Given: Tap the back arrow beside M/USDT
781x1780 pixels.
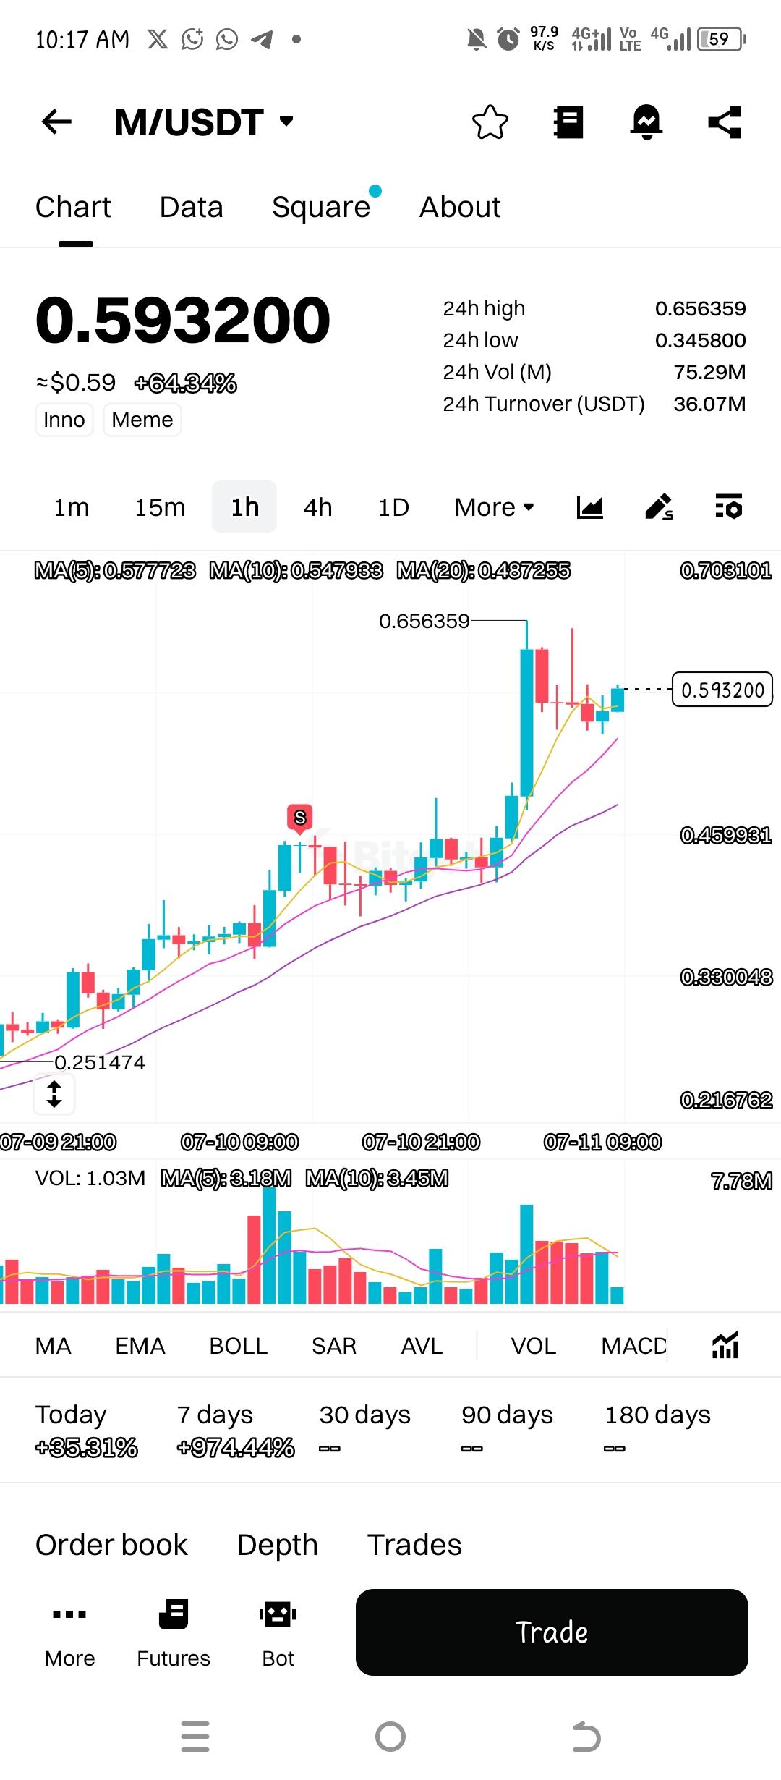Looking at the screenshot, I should (x=56, y=122).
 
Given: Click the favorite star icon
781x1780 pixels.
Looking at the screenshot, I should (x=490, y=122).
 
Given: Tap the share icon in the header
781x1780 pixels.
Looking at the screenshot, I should (x=725, y=122).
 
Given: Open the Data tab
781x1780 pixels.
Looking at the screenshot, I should (x=191, y=208).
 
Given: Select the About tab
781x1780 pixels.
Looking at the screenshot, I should (x=460, y=208).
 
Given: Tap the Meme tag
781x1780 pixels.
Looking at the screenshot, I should (x=142, y=420).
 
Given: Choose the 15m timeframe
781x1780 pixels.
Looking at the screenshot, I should (x=160, y=507).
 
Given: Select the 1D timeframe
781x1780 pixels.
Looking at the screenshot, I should (x=393, y=507).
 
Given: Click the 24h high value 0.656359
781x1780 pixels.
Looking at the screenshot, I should (x=700, y=309).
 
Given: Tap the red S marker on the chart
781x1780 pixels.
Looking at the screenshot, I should (x=299, y=818).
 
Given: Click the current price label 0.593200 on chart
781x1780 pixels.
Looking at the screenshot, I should (x=722, y=690).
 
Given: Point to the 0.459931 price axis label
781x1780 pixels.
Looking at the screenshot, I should (x=726, y=836).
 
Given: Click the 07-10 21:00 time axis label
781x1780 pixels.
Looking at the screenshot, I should (x=421, y=1143).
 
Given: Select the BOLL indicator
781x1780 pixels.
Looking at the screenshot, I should (x=238, y=1346).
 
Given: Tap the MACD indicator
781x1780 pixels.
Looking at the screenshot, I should (x=633, y=1346).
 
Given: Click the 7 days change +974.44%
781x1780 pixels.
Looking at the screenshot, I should (x=236, y=1448).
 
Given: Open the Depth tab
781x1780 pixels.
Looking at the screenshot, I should (x=277, y=1545).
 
